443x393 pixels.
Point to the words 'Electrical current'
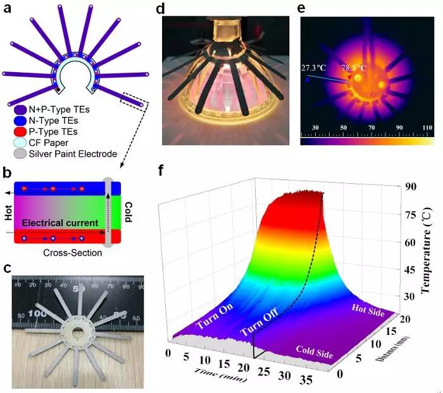[61, 222]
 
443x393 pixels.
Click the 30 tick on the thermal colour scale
[315, 128]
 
